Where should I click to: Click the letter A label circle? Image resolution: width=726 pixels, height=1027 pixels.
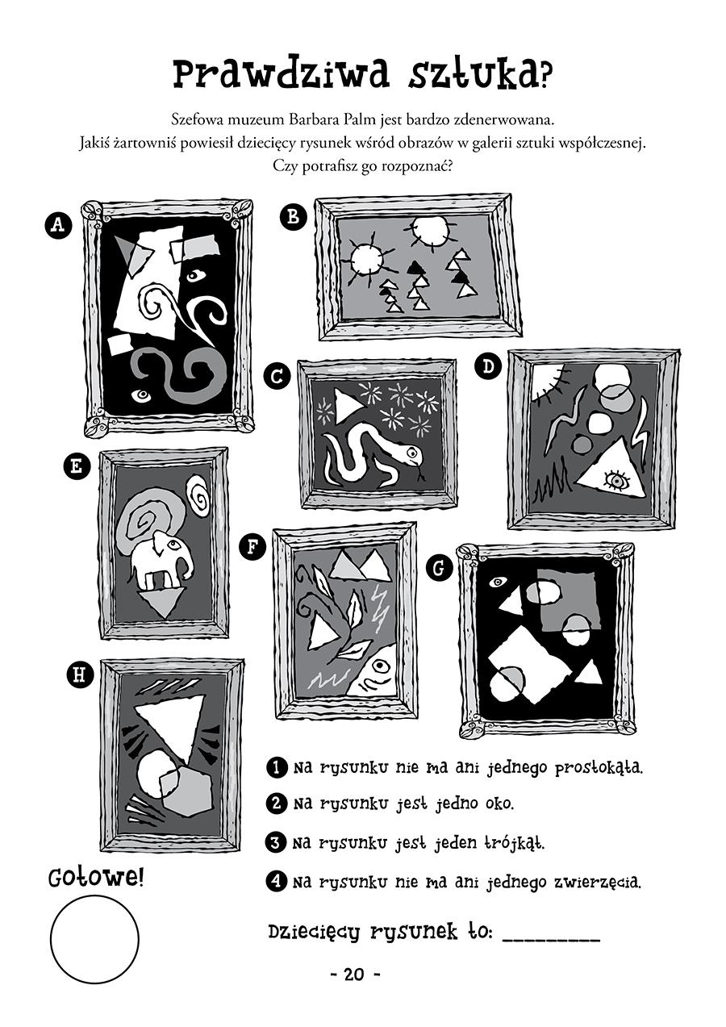58,225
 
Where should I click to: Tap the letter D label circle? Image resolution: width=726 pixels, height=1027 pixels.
489,366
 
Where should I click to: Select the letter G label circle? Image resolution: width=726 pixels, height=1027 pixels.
439,568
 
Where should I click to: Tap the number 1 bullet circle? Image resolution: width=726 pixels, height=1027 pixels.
277,766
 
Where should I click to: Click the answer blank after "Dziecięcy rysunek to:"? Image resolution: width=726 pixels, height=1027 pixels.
552,938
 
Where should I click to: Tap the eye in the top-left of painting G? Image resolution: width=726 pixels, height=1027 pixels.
497,582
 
